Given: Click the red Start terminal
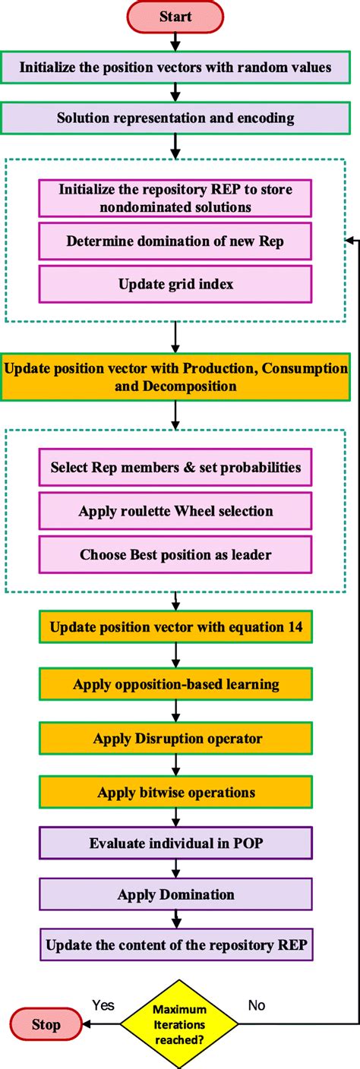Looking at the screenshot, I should pos(175,17).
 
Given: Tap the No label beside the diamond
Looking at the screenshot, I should pos(257,1005).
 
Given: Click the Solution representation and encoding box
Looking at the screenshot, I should pos(175,118).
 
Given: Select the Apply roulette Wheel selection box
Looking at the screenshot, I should pos(175,511).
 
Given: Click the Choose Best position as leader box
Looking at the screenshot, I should pos(175,554).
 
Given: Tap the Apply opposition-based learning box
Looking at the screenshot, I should pos(175,684).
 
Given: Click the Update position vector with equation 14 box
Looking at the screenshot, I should pos(175,626).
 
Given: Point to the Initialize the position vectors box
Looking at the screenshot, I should pos(175,67).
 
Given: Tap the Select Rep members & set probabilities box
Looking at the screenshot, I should pos(175,467).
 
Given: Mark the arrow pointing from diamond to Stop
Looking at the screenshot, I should pos(103,1023).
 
